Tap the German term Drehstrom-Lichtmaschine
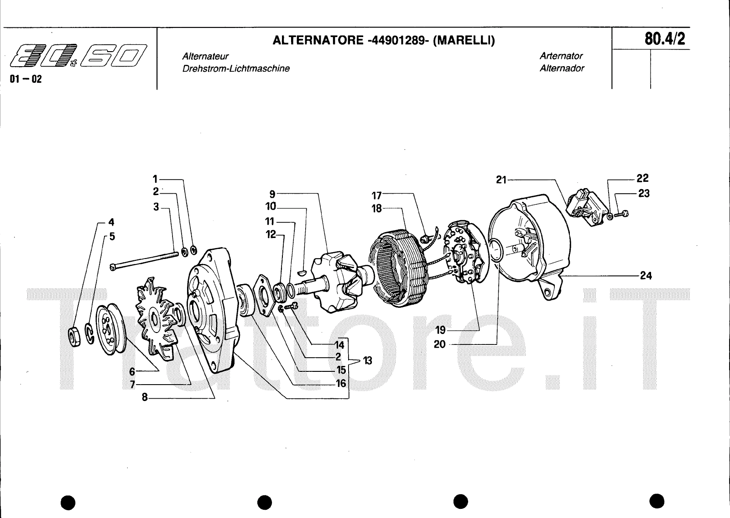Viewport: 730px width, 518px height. click(236, 69)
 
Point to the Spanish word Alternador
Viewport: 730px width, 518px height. click(562, 69)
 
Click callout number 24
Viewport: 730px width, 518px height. click(646, 275)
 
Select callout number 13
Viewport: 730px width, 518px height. click(367, 361)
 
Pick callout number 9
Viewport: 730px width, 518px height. click(272, 193)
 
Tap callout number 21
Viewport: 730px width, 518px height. click(501, 180)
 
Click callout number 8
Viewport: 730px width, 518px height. click(145, 397)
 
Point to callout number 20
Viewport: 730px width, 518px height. click(439, 344)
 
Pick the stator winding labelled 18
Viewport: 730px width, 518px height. click(399, 270)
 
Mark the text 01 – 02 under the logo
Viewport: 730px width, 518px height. click(26, 79)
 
